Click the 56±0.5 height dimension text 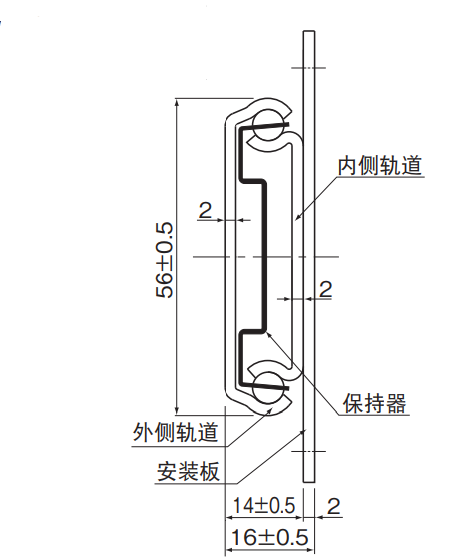pos(165,261)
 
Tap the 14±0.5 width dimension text pos(264,506)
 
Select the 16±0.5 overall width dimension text pos(269,537)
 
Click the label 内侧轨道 pos(380,165)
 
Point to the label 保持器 pos(374,404)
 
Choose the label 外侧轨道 pos(175,432)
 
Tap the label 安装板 pos(188,471)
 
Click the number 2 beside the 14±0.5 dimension pos(333,506)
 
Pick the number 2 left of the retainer pos(205,210)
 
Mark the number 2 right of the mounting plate pos(325,289)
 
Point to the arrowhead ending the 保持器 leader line pos(268,334)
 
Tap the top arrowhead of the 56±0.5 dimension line pos(176,103)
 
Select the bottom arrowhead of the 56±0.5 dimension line pos(176,410)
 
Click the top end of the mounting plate pos(309,31)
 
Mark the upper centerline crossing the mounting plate pos(308,68)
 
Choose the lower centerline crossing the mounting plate pos(308,451)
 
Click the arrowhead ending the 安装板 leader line pos(303,432)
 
